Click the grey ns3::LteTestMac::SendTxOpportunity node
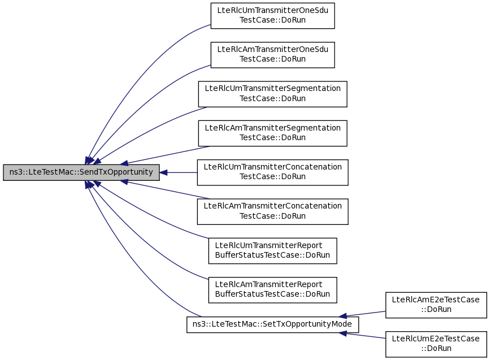click(81, 172)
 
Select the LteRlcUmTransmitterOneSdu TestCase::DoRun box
click(272, 16)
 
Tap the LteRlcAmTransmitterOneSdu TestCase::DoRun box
click(272, 55)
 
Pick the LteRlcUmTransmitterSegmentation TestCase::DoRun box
click(272, 94)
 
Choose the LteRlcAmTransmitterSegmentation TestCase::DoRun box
click(272, 133)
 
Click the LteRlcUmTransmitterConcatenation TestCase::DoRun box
click(272, 172)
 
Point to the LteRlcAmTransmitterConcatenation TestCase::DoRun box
click(272, 211)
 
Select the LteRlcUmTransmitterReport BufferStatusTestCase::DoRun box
click(272, 250)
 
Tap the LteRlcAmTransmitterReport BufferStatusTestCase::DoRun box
click(272, 290)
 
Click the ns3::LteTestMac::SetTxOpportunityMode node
click(272, 325)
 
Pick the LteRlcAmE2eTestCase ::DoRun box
click(436, 305)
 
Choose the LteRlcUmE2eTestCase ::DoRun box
click(436, 344)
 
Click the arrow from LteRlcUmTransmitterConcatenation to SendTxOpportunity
click(179, 172)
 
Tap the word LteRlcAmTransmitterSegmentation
click(272, 128)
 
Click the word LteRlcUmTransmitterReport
click(268, 245)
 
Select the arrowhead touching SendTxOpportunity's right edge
click(163, 172)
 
